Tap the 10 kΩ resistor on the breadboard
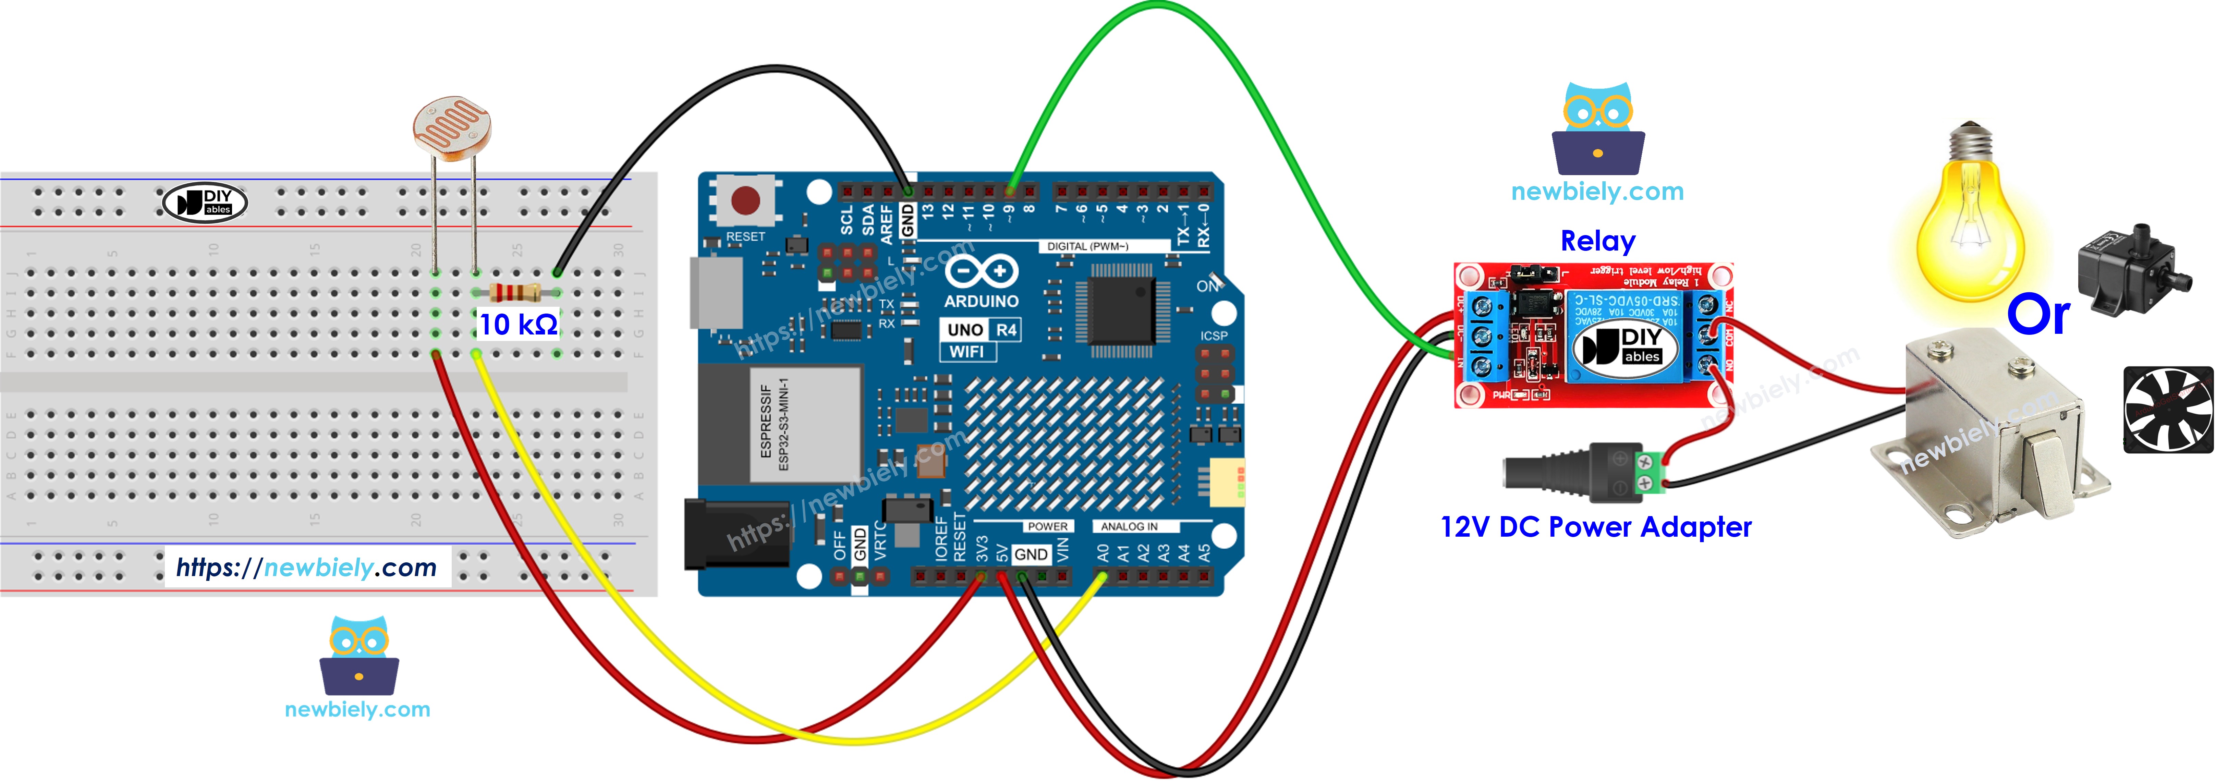[515, 292]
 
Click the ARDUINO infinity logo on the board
[981, 272]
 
